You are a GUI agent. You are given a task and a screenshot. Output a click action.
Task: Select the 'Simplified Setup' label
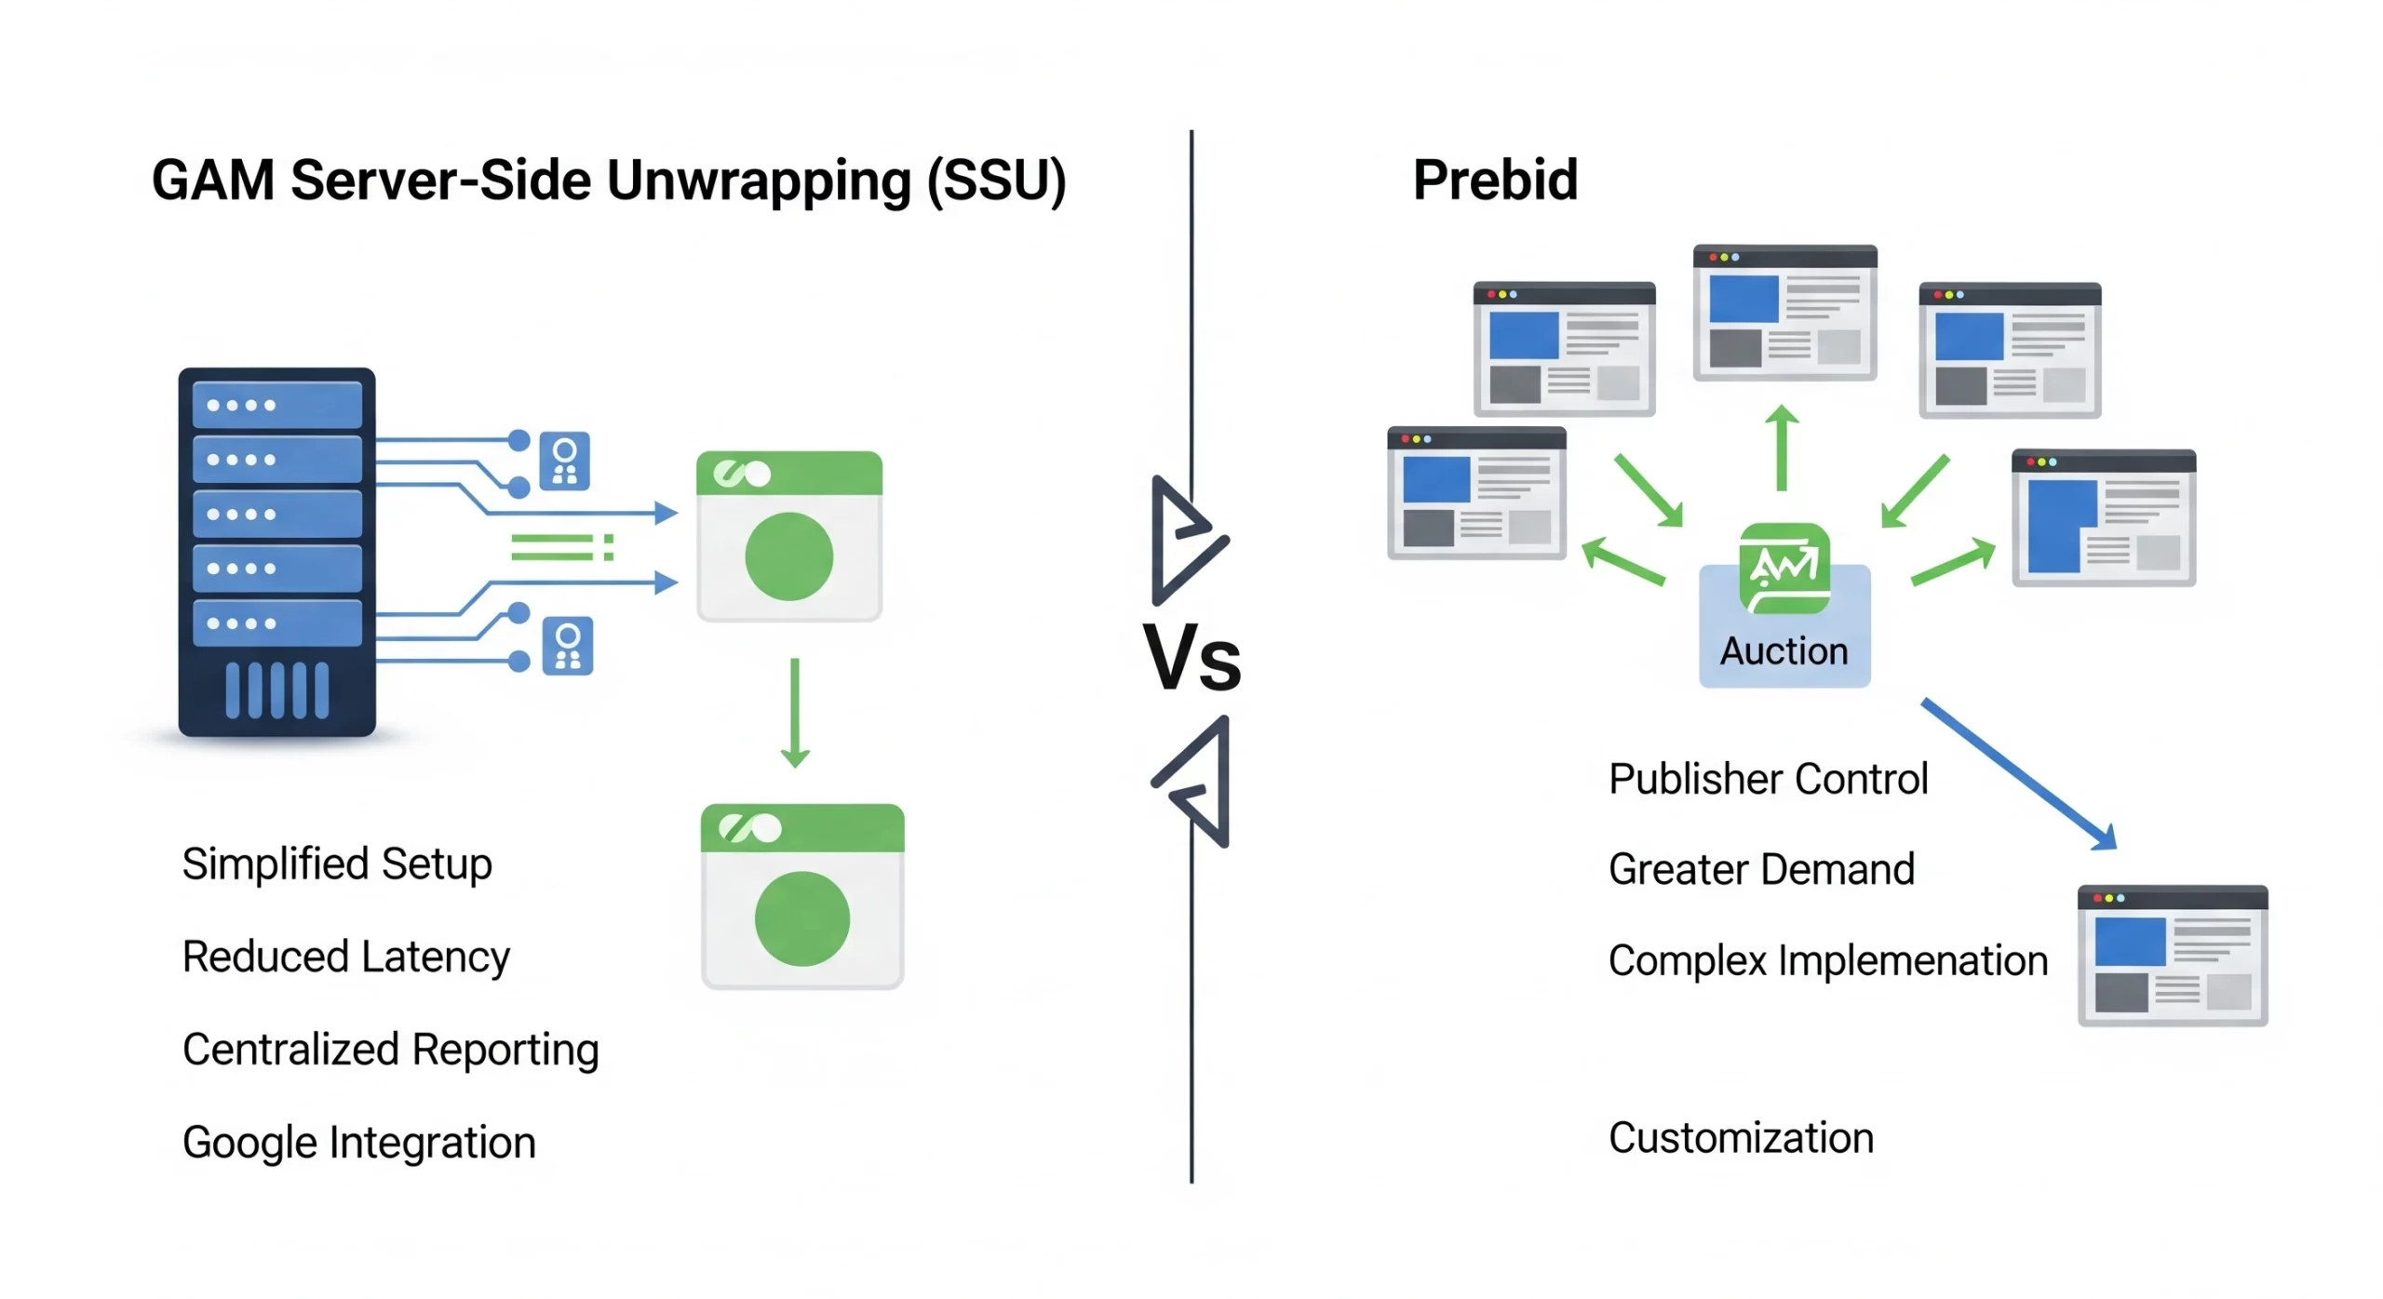tap(337, 864)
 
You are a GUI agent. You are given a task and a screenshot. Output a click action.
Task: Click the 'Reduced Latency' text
tap(346, 957)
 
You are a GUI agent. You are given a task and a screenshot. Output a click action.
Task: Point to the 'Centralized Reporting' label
tap(390, 1050)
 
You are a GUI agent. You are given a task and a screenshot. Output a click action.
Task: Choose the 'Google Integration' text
tap(359, 1143)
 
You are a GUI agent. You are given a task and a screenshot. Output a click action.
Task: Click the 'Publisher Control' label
tap(1768, 779)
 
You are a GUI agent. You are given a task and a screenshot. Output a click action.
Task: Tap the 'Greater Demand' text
tap(1761, 869)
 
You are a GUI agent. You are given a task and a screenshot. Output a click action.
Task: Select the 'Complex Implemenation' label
tap(1827, 960)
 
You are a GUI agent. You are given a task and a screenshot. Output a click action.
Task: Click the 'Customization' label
tap(1741, 1138)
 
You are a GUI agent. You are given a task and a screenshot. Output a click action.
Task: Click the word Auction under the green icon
tap(1784, 651)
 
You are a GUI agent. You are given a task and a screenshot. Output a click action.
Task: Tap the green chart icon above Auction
tap(1784, 569)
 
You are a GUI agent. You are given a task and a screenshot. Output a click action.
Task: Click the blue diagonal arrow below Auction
tap(2018, 773)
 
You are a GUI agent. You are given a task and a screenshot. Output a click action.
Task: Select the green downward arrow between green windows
tap(794, 713)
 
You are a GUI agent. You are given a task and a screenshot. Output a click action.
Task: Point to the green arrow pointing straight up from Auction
tap(1782, 448)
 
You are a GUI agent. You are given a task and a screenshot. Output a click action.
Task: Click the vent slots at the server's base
tap(276, 690)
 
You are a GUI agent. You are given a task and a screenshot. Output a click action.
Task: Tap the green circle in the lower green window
tap(801, 918)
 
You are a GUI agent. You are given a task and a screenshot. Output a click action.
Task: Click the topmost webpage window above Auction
tap(1784, 313)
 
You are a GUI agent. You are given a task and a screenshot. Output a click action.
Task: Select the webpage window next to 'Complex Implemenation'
tap(2172, 956)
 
